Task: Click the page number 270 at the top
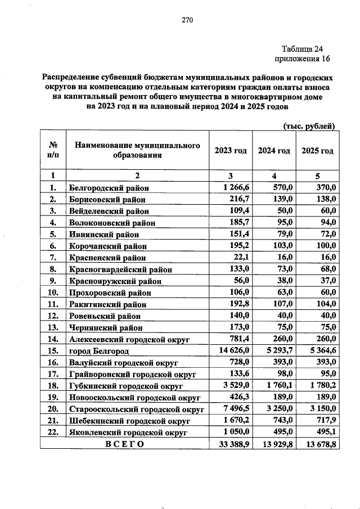tap(187, 20)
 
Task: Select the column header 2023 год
tap(231, 151)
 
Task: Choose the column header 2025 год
tap(318, 151)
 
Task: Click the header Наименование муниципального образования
tap(137, 151)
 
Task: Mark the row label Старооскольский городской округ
tap(136, 409)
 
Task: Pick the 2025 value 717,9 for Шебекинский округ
tap(325, 420)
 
